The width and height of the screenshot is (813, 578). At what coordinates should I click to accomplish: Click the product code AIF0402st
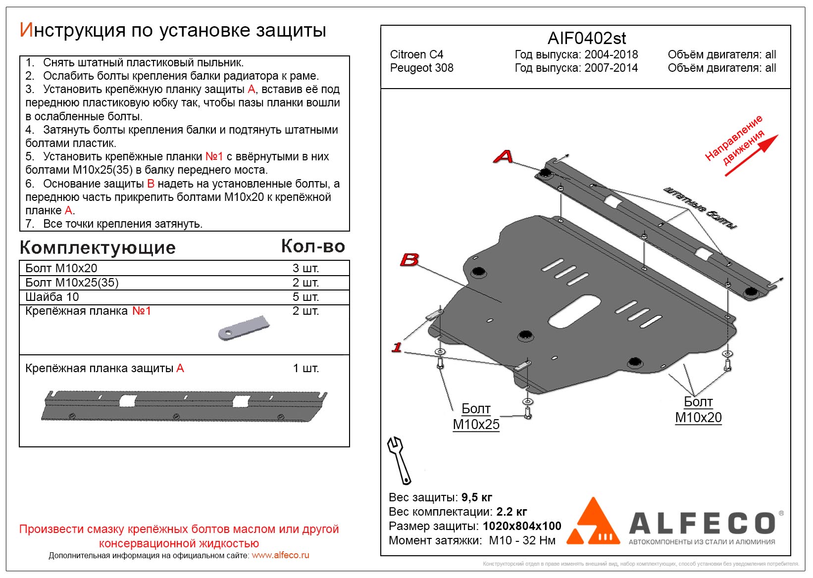[x=586, y=38]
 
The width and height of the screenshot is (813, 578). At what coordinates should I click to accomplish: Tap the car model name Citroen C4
[x=416, y=54]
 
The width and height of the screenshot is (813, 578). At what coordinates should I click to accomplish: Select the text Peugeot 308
[x=421, y=68]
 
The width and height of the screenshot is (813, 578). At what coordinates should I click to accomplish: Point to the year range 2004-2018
[x=611, y=54]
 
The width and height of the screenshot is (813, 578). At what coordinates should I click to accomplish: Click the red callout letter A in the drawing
[x=503, y=156]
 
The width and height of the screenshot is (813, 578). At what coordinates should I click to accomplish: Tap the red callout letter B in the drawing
[x=409, y=259]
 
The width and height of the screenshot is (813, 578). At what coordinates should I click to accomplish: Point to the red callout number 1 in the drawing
[x=397, y=347]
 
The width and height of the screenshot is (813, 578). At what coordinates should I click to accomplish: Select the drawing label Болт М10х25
[x=476, y=416]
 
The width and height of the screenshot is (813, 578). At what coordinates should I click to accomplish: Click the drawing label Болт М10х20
[x=698, y=409]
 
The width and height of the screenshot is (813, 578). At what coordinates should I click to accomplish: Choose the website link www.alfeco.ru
[x=280, y=555]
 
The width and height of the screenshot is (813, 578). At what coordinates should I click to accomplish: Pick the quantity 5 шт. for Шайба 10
[x=305, y=297]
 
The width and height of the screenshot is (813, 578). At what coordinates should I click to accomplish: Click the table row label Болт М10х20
[x=61, y=268]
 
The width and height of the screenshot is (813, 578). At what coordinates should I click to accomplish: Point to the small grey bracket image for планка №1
[x=244, y=328]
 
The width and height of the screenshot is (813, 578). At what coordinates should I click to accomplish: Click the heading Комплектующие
[x=98, y=247]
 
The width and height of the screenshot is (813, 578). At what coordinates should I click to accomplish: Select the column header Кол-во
[x=313, y=246]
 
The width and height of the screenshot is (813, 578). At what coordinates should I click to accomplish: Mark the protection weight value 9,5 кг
[x=476, y=497]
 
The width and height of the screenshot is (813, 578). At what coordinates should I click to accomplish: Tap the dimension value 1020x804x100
[x=522, y=526]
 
